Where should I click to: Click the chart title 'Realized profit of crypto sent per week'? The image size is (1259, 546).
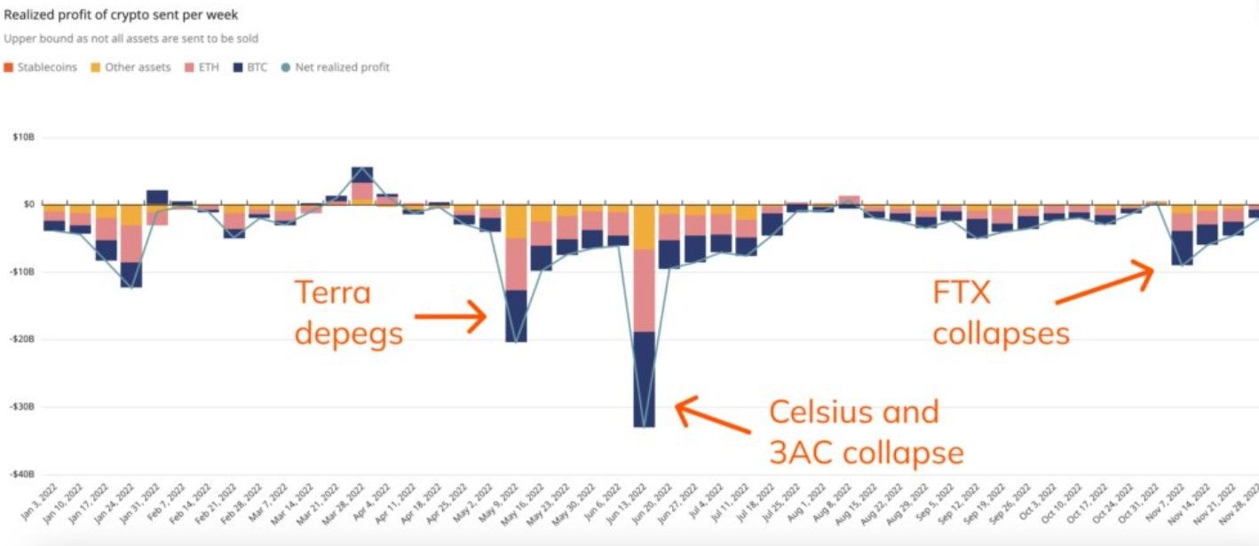click(121, 15)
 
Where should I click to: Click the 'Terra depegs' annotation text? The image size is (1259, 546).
click(349, 313)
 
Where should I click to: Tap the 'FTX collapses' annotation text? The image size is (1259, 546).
click(1001, 312)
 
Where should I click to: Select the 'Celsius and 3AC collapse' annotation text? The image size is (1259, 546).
click(866, 432)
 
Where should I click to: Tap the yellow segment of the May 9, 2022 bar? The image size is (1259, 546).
click(515, 222)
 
